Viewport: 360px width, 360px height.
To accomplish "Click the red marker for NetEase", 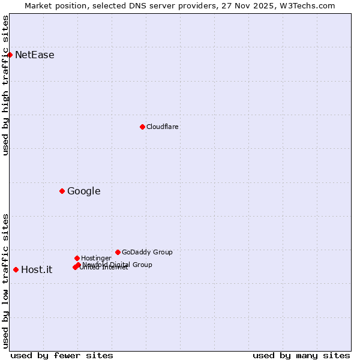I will [x=10, y=55].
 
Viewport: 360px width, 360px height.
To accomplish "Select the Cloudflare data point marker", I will [x=142, y=127].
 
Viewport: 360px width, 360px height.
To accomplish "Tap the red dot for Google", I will [x=62, y=191].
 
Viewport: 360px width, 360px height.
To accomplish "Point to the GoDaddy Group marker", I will [x=118, y=252].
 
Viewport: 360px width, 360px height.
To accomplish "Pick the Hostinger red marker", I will [x=77, y=258].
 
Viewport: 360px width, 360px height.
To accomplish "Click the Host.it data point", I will [x=16, y=269].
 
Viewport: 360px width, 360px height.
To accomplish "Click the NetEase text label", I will [x=34, y=55].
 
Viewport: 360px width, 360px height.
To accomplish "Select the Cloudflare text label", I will [x=162, y=127].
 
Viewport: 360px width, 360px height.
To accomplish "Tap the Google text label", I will [x=83, y=191].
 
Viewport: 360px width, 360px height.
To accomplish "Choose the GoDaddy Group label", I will [x=147, y=252].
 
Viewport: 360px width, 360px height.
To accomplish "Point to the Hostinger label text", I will [x=96, y=258].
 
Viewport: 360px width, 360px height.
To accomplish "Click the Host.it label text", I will [x=37, y=270].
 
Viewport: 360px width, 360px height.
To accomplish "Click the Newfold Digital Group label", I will [x=118, y=265].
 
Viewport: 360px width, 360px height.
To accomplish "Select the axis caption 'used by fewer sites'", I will [x=62, y=355].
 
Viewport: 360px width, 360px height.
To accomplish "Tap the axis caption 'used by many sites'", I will [x=301, y=355].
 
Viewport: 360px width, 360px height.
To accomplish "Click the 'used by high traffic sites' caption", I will [x=6, y=85].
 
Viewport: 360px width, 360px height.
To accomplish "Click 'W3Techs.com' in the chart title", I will [x=306, y=5].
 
